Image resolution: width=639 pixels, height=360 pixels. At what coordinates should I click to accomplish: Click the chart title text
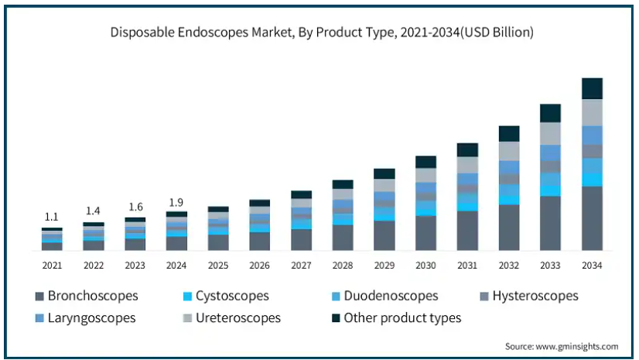click(x=322, y=33)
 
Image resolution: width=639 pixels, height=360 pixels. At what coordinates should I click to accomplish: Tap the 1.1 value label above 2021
click(x=51, y=217)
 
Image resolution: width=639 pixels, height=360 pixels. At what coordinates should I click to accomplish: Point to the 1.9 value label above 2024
click(x=176, y=202)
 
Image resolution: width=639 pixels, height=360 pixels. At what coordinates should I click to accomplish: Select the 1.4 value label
click(x=93, y=211)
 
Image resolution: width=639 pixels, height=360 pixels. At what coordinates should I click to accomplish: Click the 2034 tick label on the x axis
click(x=592, y=266)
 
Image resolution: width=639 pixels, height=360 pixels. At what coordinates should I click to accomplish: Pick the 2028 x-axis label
click(x=342, y=266)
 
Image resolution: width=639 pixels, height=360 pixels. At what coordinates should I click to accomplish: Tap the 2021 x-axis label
click(x=52, y=266)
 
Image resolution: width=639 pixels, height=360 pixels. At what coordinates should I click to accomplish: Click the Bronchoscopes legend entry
click(x=87, y=296)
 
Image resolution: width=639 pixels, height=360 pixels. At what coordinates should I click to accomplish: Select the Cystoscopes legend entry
click(x=226, y=296)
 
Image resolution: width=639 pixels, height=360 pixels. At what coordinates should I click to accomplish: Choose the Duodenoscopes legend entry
click(x=385, y=296)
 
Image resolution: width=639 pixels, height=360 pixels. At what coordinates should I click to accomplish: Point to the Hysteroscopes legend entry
click(x=529, y=296)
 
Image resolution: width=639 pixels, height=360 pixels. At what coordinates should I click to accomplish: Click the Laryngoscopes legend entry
click(x=86, y=318)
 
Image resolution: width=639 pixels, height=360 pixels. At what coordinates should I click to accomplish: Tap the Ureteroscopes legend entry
click(x=232, y=318)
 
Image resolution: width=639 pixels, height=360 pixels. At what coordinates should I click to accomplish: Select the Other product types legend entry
click(x=397, y=318)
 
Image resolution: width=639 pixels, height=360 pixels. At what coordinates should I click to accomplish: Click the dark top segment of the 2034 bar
click(x=592, y=88)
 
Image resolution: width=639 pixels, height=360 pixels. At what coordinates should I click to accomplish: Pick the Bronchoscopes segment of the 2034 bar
click(x=592, y=218)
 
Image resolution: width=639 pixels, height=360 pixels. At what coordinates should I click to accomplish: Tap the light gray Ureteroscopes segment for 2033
click(x=550, y=134)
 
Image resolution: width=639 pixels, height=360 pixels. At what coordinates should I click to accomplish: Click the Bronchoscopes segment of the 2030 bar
click(x=425, y=233)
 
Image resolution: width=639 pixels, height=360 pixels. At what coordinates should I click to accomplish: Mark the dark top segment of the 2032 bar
click(x=509, y=134)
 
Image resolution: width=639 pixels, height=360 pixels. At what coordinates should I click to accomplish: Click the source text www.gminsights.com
click(x=576, y=347)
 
